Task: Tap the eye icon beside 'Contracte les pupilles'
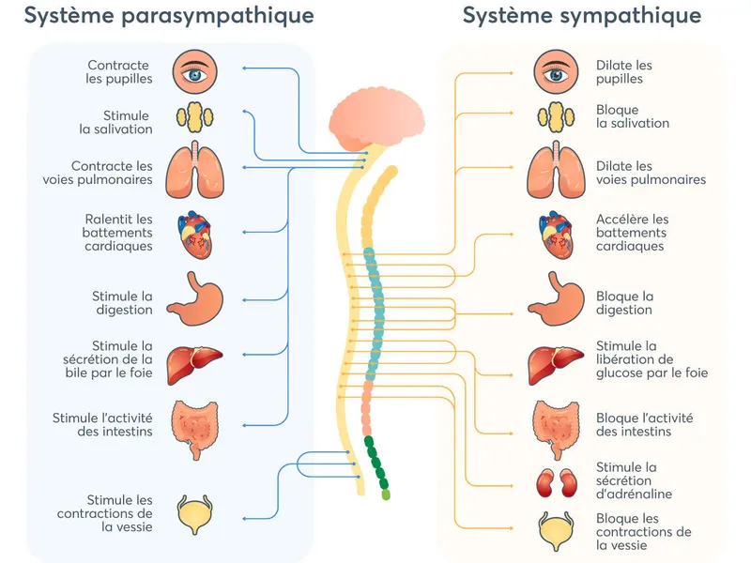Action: click(195, 73)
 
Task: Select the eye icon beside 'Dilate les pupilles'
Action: click(556, 73)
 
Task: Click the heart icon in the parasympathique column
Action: click(195, 235)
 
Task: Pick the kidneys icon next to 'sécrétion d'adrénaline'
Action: click(556, 483)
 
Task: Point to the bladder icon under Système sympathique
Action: click(556, 531)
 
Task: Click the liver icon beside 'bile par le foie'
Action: click(194, 365)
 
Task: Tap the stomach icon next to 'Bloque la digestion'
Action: click(556, 298)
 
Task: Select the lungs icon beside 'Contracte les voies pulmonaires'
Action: click(195, 170)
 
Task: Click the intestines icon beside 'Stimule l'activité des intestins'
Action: click(195, 430)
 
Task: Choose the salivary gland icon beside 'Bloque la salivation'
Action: click(556, 116)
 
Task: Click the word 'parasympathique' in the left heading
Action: click(218, 16)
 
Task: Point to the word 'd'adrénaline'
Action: click(635, 495)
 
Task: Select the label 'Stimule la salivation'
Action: click(115, 122)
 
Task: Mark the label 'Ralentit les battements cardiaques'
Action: click(117, 233)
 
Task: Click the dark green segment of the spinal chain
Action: click(376, 462)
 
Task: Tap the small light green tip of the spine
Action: click(386, 495)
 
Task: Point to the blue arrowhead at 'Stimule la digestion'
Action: click(244, 300)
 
